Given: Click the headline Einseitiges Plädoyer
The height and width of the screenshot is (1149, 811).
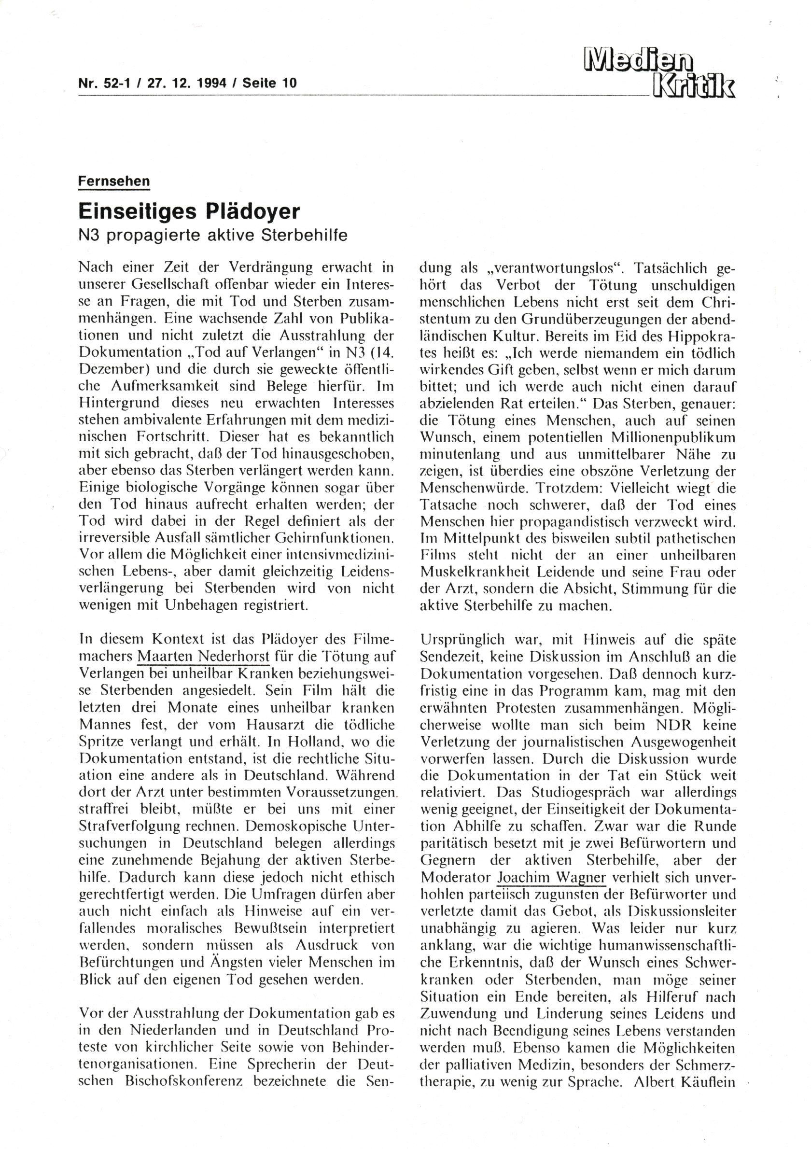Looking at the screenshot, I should tap(189, 211).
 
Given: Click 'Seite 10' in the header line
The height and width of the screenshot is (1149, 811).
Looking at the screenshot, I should tap(269, 83).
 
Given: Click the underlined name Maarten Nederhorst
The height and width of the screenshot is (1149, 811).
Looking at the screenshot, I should tap(204, 656).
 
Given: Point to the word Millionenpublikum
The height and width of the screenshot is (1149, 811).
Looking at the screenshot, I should tap(673, 436).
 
